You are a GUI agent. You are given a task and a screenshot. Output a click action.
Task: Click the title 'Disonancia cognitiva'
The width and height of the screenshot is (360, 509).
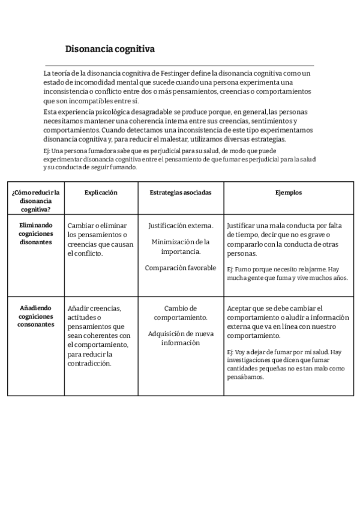pos(110,49)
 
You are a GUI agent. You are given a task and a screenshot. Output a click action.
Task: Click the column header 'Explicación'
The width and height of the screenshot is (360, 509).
pos(101,193)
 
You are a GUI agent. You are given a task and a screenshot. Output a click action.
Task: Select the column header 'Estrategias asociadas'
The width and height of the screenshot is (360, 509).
pos(180,193)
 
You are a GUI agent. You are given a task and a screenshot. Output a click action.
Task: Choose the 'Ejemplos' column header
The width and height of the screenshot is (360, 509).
pos(288,193)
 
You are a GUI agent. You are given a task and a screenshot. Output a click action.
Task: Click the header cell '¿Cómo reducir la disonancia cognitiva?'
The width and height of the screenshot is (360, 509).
pos(35,201)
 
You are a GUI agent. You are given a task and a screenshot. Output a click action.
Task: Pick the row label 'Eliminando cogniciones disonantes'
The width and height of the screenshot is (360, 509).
pos(35,233)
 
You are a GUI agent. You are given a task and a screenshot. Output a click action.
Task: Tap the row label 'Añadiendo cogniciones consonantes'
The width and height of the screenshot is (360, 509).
pos(35,316)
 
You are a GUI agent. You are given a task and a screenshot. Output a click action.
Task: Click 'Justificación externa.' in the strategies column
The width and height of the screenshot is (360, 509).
pos(180,225)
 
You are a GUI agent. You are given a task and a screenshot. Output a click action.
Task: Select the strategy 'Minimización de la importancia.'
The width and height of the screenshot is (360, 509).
pos(180,247)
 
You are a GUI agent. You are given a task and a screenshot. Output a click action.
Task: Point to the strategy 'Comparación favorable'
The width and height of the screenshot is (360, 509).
pos(180,268)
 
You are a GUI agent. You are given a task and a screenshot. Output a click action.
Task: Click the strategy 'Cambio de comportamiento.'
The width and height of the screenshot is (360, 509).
pos(180,312)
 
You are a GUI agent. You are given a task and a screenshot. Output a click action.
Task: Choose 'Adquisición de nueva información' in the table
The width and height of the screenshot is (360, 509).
pos(180,338)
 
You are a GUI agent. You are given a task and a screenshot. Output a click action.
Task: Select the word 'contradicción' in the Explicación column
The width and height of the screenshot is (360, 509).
pos(89,363)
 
